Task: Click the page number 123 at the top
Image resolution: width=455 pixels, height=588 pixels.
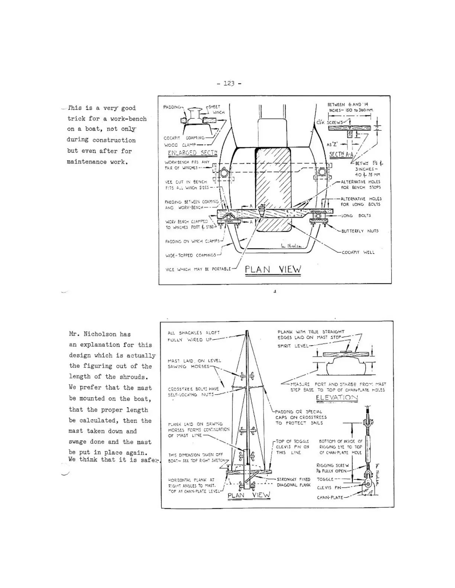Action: pyautogui.click(x=229, y=83)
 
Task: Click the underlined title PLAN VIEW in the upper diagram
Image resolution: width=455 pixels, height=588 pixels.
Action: pyautogui.click(x=272, y=269)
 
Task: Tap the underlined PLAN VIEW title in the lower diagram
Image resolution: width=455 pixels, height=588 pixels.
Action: pyautogui.click(x=249, y=495)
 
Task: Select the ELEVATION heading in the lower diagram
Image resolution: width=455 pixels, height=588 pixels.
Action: pyautogui.click(x=337, y=398)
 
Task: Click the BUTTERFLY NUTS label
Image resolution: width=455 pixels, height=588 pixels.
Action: pyautogui.click(x=359, y=231)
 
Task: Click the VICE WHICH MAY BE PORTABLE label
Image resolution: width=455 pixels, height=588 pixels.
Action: pyautogui.click(x=198, y=269)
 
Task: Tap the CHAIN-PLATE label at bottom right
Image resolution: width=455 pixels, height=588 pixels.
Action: pyautogui.click(x=330, y=497)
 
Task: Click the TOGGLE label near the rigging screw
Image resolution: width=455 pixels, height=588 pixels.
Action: pyautogui.click(x=325, y=479)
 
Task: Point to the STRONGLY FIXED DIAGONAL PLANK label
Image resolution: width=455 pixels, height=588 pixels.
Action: pyautogui.click(x=294, y=482)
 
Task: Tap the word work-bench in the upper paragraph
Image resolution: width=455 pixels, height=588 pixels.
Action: pyautogui.click(x=128, y=119)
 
